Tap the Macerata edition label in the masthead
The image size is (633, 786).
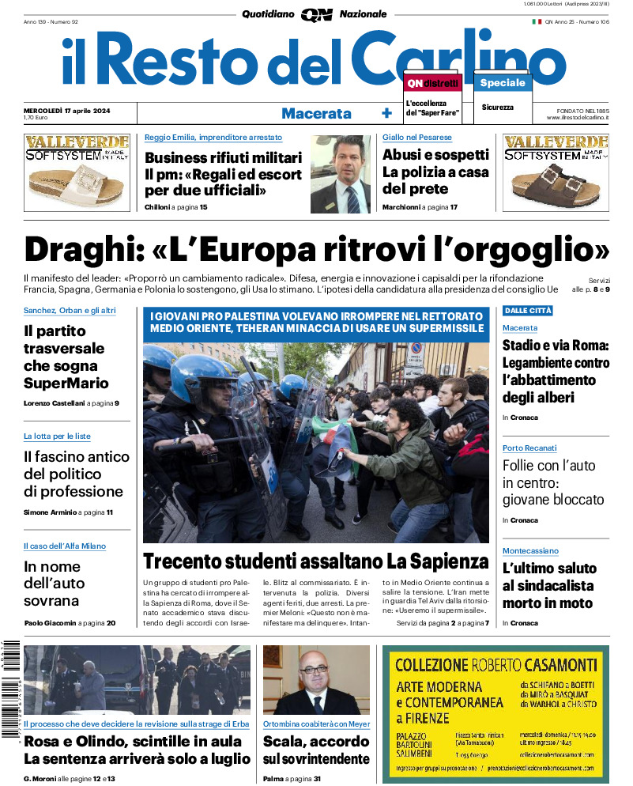[x=316, y=113]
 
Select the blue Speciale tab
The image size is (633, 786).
[x=502, y=82]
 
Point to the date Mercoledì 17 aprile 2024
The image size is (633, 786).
[x=67, y=110]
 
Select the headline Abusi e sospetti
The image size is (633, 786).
[x=435, y=155]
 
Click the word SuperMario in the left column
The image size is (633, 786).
[x=66, y=384]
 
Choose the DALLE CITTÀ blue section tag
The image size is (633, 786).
[x=528, y=311]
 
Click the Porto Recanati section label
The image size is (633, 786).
[x=529, y=448]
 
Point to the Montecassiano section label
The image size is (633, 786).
[x=530, y=550]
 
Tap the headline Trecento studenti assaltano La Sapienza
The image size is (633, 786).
[x=316, y=562]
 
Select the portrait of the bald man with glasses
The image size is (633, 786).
[x=315, y=680]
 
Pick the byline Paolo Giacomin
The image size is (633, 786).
[x=50, y=623]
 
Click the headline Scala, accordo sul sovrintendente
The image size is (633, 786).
[x=316, y=750]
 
